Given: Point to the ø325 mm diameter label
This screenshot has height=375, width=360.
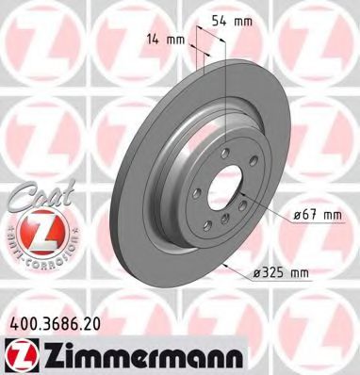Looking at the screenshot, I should tap(282, 273).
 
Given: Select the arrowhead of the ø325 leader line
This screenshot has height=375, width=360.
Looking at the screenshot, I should tap(228, 262).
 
